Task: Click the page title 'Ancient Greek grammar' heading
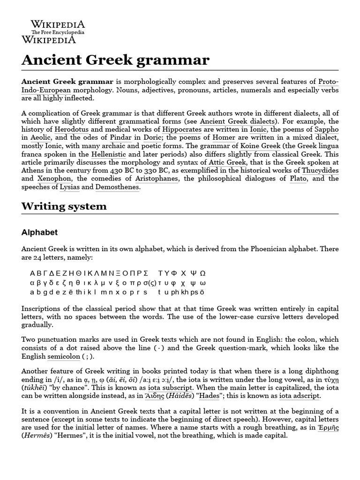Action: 115,60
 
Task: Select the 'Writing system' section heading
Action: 64,206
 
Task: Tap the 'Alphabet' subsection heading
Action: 39,232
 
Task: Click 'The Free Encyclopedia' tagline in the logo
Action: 58,32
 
